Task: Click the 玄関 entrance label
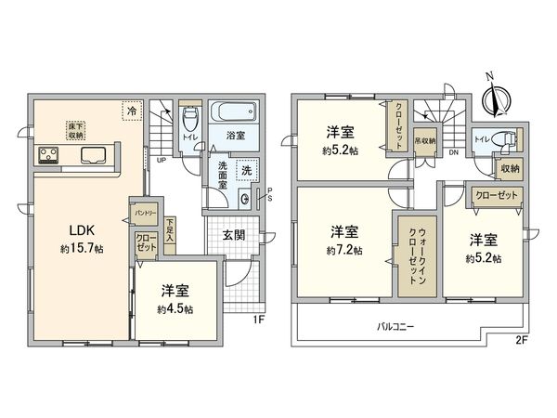coord(234,236)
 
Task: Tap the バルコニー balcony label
coord(395,328)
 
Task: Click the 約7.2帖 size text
coord(343,250)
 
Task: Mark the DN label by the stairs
coord(453,151)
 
